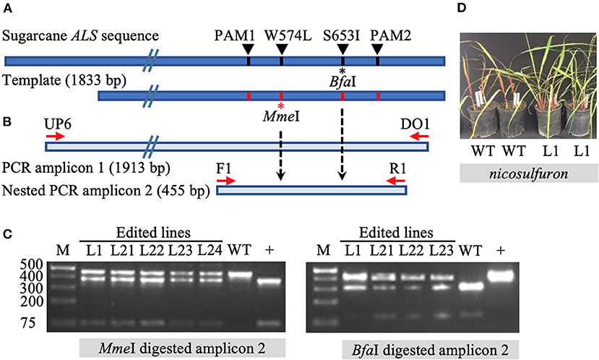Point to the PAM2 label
point(384,35)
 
